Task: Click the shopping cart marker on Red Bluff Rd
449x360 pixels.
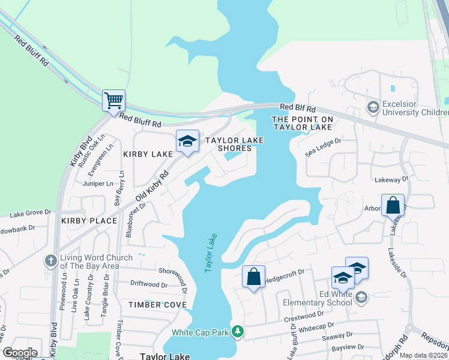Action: tap(113, 100)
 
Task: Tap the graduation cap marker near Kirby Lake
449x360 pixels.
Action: tap(187, 142)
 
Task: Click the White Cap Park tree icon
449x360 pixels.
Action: tap(238, 332)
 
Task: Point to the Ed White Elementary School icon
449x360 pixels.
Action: tap(361, 297)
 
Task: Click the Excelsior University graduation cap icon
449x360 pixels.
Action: tap(373, 107)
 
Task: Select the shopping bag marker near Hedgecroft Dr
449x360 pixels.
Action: tap(253, 277)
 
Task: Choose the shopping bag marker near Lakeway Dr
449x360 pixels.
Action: tap(393, 205)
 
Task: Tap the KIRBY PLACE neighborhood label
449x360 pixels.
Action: tap(89, 221)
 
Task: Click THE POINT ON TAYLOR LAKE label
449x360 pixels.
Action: tap(302, 123)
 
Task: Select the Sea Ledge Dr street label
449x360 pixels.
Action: tap(323, 142)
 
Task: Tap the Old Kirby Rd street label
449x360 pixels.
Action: tap(152, 185)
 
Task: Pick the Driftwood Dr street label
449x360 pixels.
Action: tap(149, 284)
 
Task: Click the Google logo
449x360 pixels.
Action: tap(19, 353)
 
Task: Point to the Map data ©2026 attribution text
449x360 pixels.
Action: tap(423, 355)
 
